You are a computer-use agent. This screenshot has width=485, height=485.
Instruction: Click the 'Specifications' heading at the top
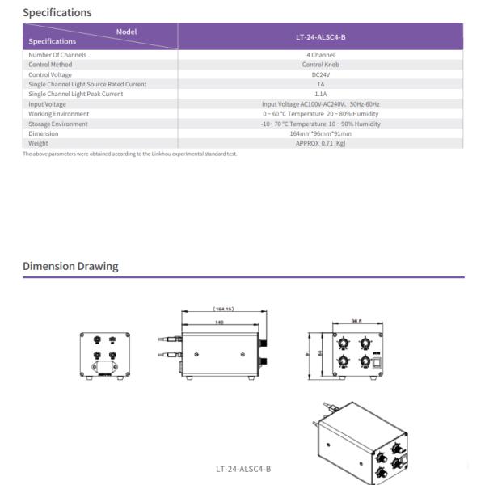click(x=57, y=12)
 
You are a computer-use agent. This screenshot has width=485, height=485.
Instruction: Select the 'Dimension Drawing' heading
click(x=70, y=266)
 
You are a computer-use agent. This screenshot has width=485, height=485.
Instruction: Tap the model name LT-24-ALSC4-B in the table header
click(x=320, y=37)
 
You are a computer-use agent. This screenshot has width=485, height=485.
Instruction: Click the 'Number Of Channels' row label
click(x=57, y=55)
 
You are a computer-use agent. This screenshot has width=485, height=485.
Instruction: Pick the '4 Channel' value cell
click(x=320, y=55)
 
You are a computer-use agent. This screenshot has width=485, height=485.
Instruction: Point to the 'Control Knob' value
click(x=320, y=65)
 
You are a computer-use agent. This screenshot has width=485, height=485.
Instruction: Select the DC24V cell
click(x=320, y=74)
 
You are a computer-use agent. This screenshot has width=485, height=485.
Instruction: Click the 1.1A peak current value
click(x=320, y=94)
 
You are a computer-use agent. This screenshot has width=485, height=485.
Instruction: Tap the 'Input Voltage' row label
click(x=48, y=104)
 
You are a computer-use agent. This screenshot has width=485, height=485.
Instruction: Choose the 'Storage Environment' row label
click(x=58, y=124)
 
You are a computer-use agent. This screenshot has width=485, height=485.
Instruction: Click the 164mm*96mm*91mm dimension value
click(x=320, y=133)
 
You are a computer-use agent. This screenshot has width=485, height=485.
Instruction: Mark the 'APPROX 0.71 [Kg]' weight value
click(x=320, y=143)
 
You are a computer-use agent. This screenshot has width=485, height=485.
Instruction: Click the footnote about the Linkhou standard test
click(x=129, y=154)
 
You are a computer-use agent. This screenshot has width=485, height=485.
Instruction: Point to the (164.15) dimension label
click(x=224, y=309)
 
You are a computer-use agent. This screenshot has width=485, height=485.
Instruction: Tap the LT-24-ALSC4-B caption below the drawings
click(x=243, y=469)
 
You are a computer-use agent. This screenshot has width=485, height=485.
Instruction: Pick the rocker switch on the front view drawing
click(x=376, y=363)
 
